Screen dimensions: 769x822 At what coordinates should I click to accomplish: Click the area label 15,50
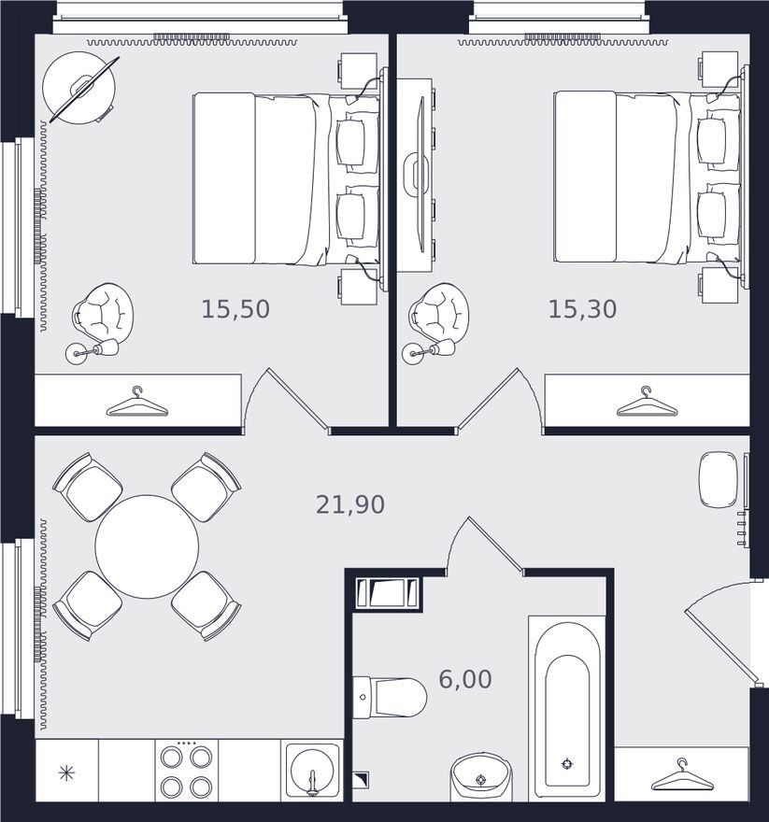click(235, 309)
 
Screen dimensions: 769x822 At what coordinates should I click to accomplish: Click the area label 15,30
click(582, 309)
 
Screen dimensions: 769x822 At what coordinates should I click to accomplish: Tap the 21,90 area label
click(349, 504)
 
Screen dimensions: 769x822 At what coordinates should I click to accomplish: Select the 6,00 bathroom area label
click(465, 679)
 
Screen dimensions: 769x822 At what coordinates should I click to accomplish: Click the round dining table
click(147, 546)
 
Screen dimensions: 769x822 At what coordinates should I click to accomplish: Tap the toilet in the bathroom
click(389, 697)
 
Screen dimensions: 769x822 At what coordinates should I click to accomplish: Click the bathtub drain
click(566, 764)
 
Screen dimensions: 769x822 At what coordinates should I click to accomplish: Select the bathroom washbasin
click(481, 777)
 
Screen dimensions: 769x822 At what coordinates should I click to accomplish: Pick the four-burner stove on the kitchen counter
click(186, 771)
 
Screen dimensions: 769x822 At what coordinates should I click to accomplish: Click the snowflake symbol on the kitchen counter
click(66, 773)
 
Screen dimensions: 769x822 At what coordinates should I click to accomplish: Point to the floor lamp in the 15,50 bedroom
click(93, 350)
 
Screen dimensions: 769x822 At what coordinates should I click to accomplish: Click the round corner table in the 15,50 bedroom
click(78, 87)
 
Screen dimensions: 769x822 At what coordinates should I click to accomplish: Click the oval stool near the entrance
click(718, 480)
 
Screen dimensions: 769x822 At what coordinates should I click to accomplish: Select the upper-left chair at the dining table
click(88, 487)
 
